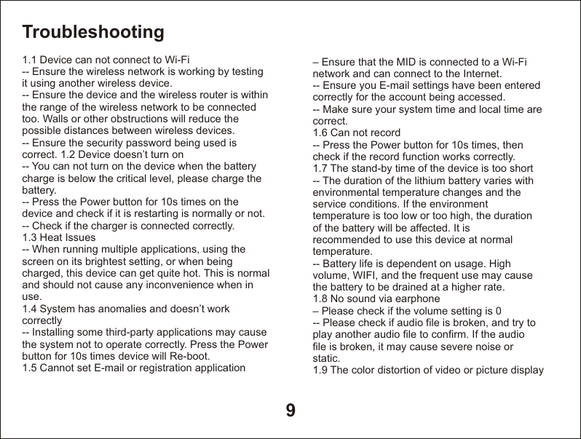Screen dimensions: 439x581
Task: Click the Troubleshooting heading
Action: (x=93, y=32)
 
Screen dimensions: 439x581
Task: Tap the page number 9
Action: (x=290, y=411)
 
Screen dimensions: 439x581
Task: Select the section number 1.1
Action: (x=30, y=59)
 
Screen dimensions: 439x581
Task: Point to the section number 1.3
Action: (x=30, y=237)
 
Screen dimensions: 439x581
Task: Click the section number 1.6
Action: (x=320, y=133)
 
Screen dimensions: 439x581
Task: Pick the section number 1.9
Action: (x=320, y=370)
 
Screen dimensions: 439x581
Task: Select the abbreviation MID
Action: (x=407, y=62)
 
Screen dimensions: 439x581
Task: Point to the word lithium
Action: (x=422, y=181)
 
